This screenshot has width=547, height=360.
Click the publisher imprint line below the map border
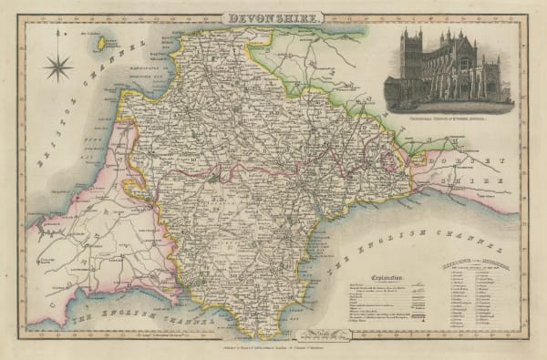click(273, 350)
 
